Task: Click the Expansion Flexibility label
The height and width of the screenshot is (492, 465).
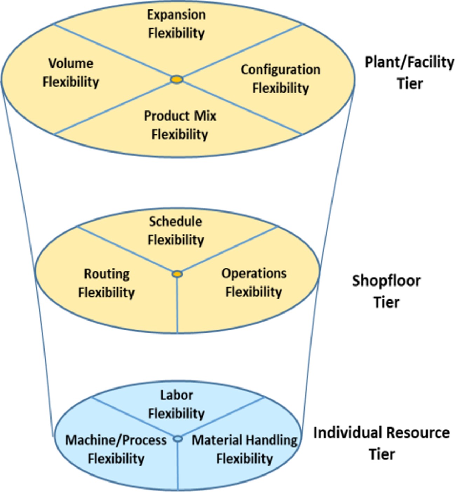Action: (x=176, y=24)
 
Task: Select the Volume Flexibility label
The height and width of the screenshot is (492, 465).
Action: (x=71, y=73)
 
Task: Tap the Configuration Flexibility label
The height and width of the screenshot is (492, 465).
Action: (x=280, y=79)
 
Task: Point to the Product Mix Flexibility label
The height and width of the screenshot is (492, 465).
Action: (x=180, y=125)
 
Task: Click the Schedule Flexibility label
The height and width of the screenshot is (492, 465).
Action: (x=176, y=231)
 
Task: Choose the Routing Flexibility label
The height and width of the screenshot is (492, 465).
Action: (x=107, y=283)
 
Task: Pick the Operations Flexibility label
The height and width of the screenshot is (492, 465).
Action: (x=254, y=283)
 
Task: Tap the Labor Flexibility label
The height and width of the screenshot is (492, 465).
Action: (x=176, y=404)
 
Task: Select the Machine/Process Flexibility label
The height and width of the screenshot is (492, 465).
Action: (x=116, y=449)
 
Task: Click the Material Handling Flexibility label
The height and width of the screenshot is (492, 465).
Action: (x=245, y=449)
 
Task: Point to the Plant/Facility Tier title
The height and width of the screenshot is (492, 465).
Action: (x=410, y=73)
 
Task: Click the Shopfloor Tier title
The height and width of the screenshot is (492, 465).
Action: (x=386, y=291)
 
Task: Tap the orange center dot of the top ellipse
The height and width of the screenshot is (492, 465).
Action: (x=177, y=80)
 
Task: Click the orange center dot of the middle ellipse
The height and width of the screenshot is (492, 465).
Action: (x=177, y=274)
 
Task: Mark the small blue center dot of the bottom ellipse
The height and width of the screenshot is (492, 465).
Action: (x=178, y=439)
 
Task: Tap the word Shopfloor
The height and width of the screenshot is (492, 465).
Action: (x=386, y=281)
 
